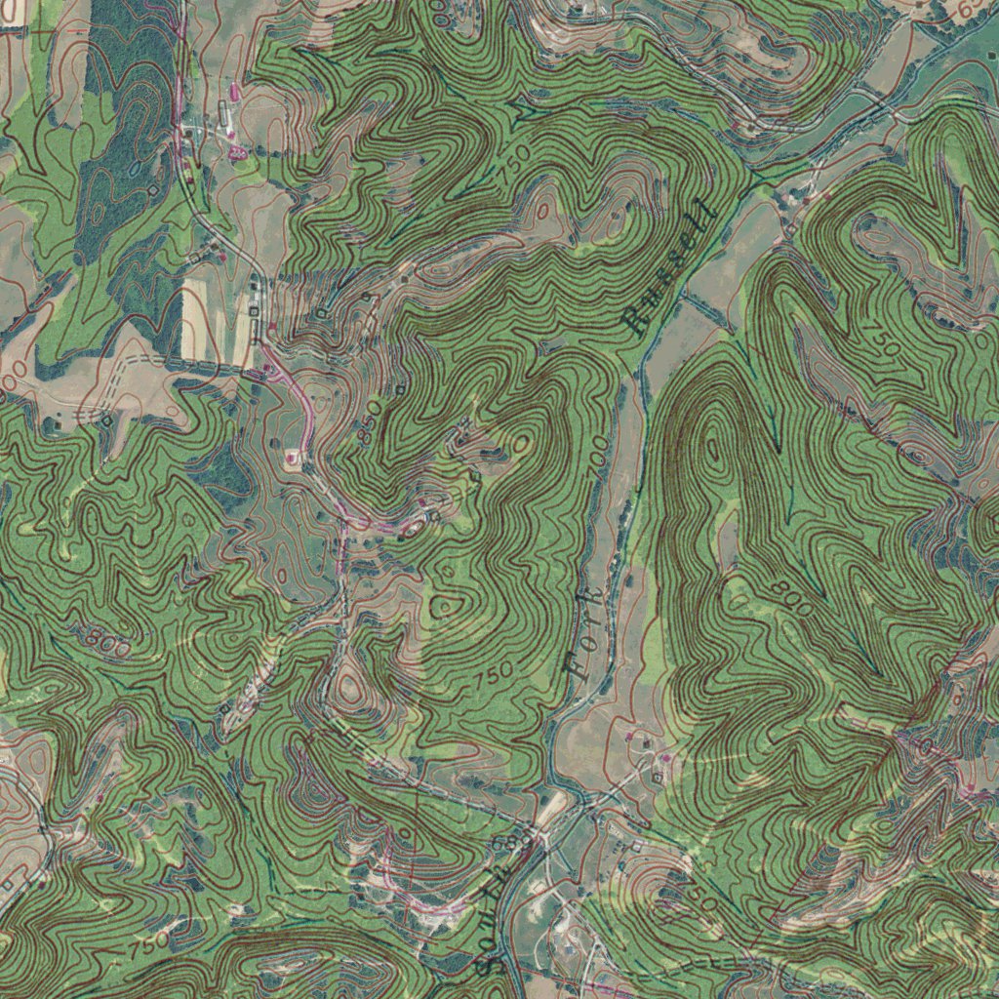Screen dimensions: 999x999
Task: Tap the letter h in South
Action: tap(507, 863)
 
